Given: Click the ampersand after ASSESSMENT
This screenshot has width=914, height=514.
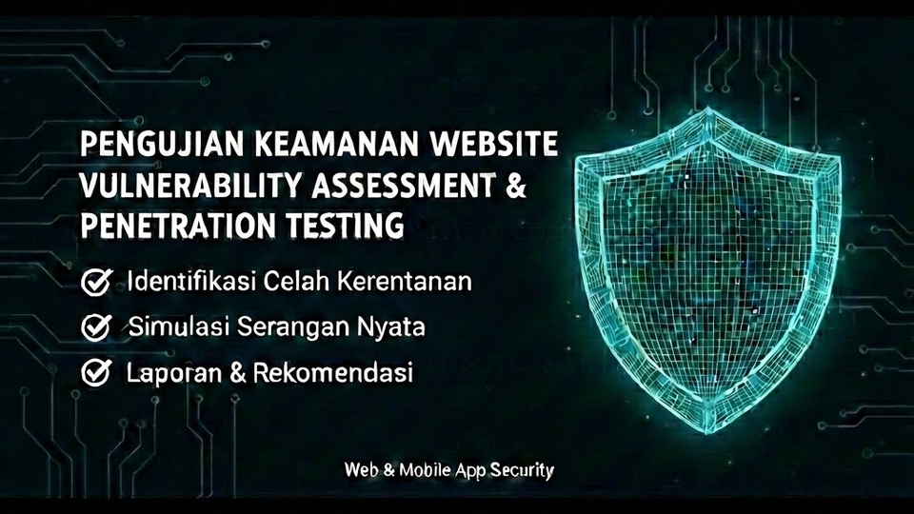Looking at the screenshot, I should (516, 186).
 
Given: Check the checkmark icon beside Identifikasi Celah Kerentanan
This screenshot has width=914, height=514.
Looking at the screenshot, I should (96, 282).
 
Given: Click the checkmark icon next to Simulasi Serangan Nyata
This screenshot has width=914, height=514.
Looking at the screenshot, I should (96, 327).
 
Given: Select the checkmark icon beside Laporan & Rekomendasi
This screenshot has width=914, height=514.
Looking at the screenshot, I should (96, 372).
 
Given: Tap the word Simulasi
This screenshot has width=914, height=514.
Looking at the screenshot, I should (171, 326).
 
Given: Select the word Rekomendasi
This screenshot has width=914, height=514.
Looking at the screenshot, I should (332, 372).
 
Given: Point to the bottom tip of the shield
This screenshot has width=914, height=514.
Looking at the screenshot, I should (706, 434).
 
